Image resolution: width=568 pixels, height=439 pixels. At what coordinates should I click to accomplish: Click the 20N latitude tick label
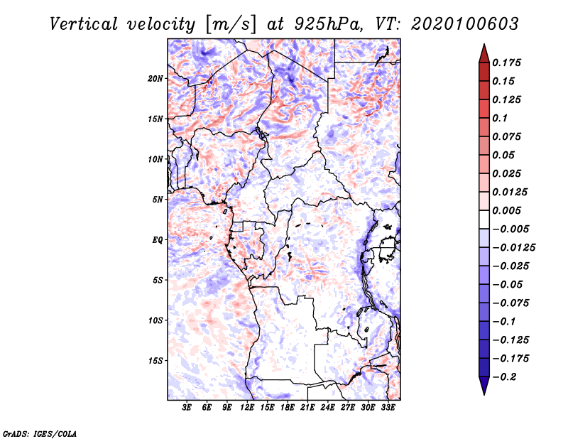click(x=155, y=79)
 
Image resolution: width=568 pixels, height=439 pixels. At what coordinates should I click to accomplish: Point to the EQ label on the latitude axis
click(x=158, y=240)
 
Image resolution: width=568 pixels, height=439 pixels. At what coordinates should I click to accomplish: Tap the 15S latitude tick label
click(x=155, y=361)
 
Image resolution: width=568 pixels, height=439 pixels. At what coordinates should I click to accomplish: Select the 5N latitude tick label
click(x=158, y=200)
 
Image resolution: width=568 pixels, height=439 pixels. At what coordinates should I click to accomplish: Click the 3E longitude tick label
click(x=187, y=408)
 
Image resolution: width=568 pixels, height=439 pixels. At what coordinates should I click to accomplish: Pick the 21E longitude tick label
click(x=307, y=408)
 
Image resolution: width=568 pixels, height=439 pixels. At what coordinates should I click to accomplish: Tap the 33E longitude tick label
click(x=388, y=408)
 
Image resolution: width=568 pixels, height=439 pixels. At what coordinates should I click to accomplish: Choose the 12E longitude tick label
click(x=246, y=408)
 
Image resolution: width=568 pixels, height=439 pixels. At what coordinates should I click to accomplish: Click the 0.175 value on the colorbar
click(x=506, y=63)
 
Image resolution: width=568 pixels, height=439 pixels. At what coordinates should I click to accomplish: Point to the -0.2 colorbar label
click(x=505, y=377)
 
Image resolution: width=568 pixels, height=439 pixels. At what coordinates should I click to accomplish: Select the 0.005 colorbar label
click(x=506, y=210)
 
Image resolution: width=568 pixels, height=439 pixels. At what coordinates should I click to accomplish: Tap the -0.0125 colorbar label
click(x=513, y=248)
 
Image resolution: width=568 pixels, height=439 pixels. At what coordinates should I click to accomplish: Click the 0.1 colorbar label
click(x=500, y=118)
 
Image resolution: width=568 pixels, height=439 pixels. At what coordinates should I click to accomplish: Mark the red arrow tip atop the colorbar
click(x=484, y=44)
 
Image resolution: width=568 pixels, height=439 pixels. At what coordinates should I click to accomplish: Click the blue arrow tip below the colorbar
click(x=484, y=394)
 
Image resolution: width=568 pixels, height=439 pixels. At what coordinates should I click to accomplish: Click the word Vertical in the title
click(x=84, y=24)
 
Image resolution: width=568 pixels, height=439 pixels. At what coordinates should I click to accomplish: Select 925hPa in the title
click(x=329, y=24)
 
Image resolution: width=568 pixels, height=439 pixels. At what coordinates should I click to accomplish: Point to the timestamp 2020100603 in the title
click(x=465, y=24)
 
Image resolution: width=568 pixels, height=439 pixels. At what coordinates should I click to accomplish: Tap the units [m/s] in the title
click(x=231, y=25)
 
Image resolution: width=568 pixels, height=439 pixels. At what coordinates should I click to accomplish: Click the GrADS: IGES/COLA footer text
click(x=40, y=433)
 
